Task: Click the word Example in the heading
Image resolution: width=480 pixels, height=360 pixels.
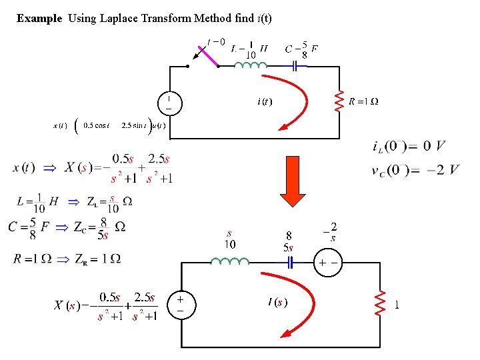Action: (39, 19)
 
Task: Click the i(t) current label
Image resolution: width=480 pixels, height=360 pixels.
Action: (264, 101)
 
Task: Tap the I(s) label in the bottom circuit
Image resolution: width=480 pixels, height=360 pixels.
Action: (277, 303)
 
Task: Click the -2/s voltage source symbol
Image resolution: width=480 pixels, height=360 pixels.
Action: (327, 263)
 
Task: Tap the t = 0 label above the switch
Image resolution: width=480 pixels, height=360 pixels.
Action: (217, 42)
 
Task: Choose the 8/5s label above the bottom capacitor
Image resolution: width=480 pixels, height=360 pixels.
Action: (289, 241)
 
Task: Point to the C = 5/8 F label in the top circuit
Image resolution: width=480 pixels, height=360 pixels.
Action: (301, 49)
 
